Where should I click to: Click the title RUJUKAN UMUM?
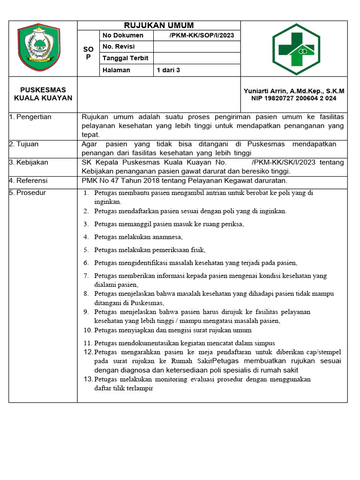pyautogui.click(x=158, y=25)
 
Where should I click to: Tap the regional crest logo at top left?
pyautogui.click(x=39, y=47)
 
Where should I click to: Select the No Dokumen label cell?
pyautogui.click(x=123, y=36)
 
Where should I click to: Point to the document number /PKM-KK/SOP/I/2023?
pyautogui.click(x=202, y=36)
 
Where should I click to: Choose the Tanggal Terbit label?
pyautogui.click(x=125, y=58)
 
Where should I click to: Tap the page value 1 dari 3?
pyautogui.click(x=168, y=70)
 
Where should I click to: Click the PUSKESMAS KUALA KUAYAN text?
pyautogui.click(x=43, y=94)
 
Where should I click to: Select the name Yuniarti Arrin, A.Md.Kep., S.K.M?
pyautogui.click(x=294, y=91)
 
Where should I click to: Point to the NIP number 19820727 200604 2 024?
pyautogui.click(x=294, y=98)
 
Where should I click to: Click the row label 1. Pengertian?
pyautogui.click(x=30, y=117)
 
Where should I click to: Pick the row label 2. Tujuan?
pyautogui.click(x=24, y=144)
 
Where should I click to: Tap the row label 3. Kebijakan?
pyautogui.click(x=29, y=162)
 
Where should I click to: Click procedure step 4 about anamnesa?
pyautogui.click(x=138, y=237)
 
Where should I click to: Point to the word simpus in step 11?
pyautogui.click(x=265, y=343)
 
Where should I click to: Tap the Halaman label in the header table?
pyautogui.click(x=117, y=70)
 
